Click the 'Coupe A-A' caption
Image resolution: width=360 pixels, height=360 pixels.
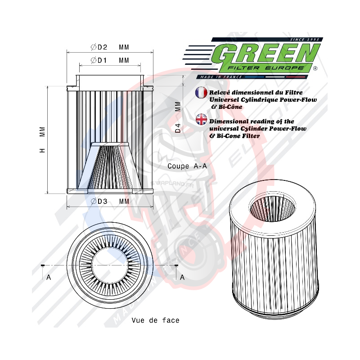187,166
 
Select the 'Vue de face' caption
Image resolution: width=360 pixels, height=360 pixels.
155,320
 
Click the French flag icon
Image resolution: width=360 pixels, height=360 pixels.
201,93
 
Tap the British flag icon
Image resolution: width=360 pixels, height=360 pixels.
201,119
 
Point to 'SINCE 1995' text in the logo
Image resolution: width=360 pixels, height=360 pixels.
305,40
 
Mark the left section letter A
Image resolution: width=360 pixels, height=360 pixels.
49,277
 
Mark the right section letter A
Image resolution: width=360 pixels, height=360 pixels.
182,277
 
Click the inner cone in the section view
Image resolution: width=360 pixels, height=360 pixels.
110,166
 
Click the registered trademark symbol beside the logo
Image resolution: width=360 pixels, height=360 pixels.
315,69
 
